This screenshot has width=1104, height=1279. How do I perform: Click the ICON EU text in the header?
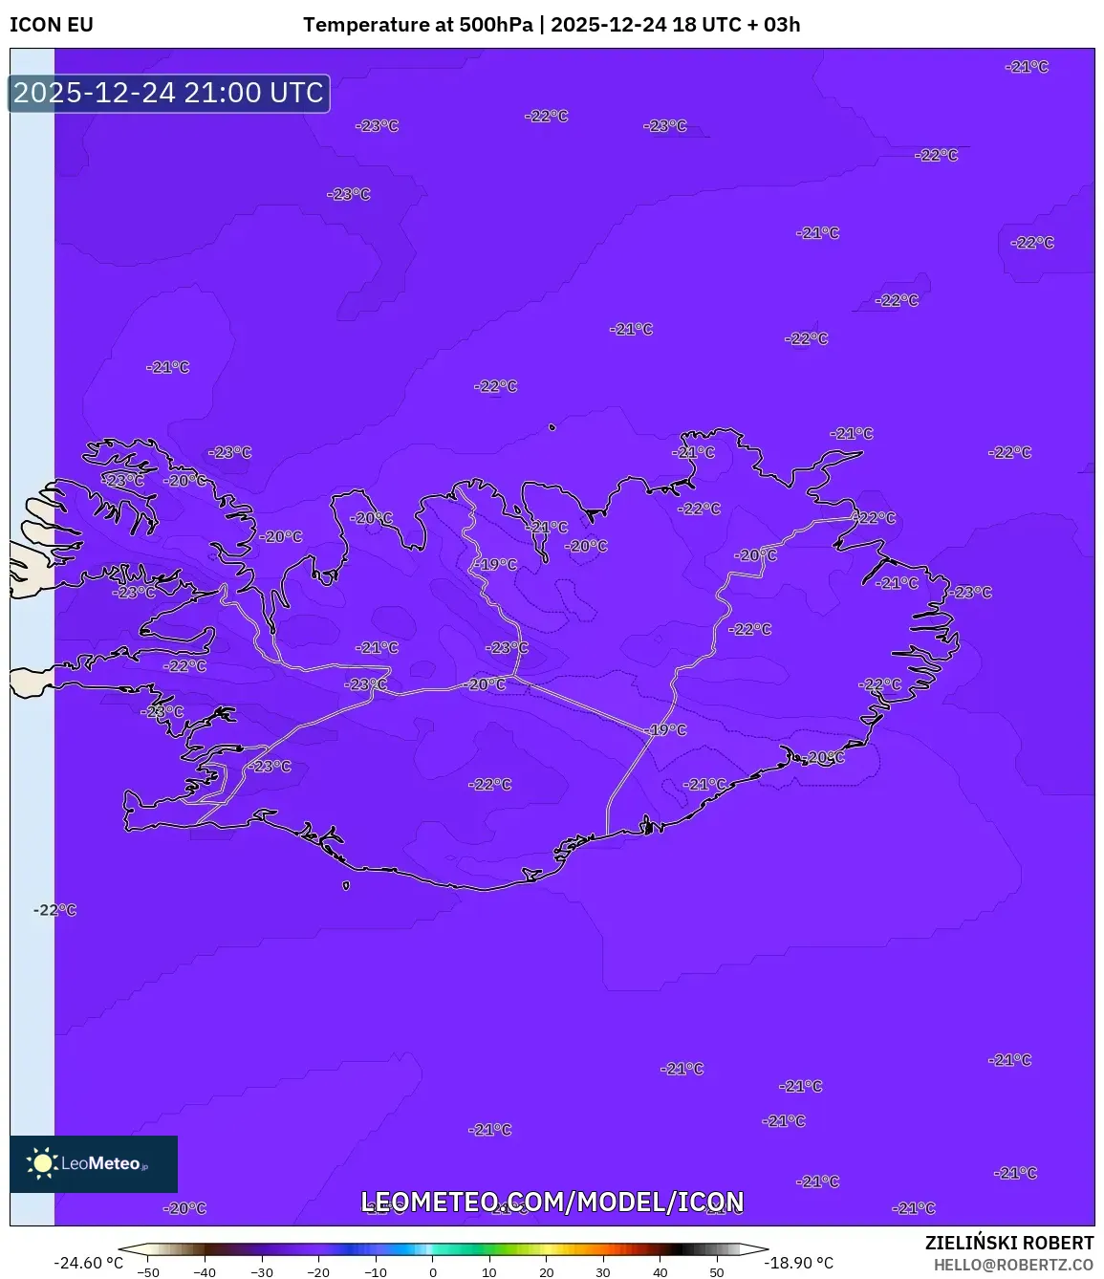point(52,25)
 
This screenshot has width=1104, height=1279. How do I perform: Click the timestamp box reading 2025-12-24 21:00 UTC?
point(169,93)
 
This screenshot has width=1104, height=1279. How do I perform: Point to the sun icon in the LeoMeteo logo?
point(42,1163)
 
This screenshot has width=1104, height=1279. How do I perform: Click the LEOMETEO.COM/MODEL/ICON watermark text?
point(552,1202)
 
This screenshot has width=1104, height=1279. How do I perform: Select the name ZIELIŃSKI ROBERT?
point(1009,1243)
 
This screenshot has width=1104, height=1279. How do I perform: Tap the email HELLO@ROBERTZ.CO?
point(1013,1265)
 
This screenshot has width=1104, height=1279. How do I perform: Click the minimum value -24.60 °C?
point(89,1263)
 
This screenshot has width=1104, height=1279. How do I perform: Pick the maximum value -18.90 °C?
point(799,1263)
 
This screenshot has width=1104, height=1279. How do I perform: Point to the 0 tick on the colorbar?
point(433,1272)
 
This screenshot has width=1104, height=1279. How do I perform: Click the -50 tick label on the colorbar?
point(148,1272)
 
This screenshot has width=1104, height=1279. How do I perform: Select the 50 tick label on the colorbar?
point(717,1272)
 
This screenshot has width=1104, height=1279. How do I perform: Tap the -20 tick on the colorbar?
point(318,1272)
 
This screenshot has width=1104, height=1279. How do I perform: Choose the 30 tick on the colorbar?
point(603,1272)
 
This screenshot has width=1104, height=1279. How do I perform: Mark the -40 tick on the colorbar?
point(205,1272)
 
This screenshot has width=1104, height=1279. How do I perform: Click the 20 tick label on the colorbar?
point(547,1272)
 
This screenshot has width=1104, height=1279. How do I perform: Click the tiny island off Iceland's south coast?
point(346,885)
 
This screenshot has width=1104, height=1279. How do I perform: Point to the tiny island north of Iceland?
point(552,428)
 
